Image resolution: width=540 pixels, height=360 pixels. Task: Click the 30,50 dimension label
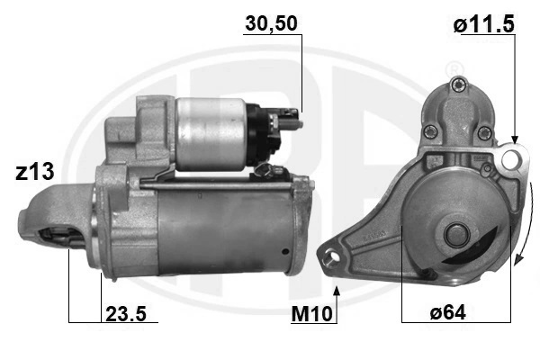pos(271,23)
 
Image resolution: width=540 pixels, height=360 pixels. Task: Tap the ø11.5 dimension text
pos(483,24)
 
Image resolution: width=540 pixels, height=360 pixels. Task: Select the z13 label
pos(35,172)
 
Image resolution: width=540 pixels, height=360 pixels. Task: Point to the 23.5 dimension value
pos(126,314)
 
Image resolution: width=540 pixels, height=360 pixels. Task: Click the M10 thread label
pos(311,314)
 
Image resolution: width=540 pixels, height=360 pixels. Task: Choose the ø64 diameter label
pos(447,313)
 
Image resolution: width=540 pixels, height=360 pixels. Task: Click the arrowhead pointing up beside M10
pos(337,291)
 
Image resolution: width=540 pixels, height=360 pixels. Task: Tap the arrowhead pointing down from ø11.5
pos(515,139)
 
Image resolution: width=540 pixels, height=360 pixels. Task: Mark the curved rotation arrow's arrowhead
pos(517,260)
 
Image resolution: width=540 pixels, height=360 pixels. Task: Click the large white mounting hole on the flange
pos(509,159)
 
